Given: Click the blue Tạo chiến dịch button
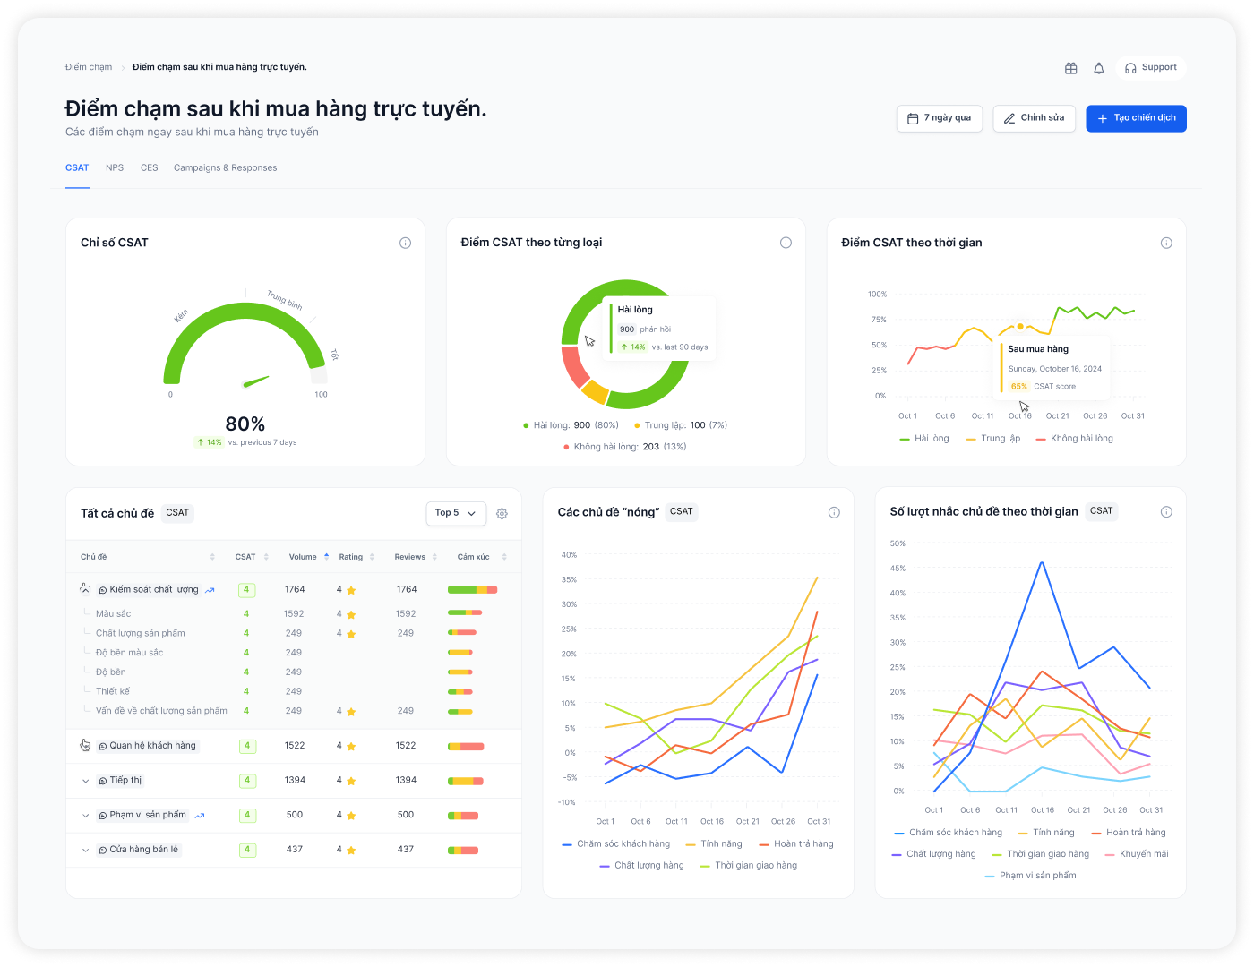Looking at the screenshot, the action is tap(1136, 118).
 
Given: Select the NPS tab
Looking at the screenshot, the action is tap(115, 167).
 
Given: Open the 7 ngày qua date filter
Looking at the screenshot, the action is tap(939, 118).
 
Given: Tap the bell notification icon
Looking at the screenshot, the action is tap(1099, 68).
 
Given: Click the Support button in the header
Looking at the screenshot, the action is tap(1151, 67).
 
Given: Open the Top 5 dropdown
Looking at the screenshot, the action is tap(456, 513).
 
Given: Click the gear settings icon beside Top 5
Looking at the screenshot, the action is tap(502, 514).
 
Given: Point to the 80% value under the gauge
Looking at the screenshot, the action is tap(245, 424).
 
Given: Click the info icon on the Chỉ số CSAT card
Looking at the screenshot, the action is tap(405, 243).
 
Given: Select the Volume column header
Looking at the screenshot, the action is tap(303, 556).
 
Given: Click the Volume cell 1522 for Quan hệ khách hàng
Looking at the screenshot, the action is tap(295, 746).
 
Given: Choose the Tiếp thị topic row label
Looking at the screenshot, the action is tap(125, 780).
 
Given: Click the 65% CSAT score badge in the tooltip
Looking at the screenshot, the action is tap(1018, 386).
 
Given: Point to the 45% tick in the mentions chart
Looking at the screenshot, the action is tap(898, 568).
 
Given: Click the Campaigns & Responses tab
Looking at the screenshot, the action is tap(225, 167).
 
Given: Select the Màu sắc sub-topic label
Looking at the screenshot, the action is tap(113, 613).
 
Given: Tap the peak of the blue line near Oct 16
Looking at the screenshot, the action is tap(1043, 562).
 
